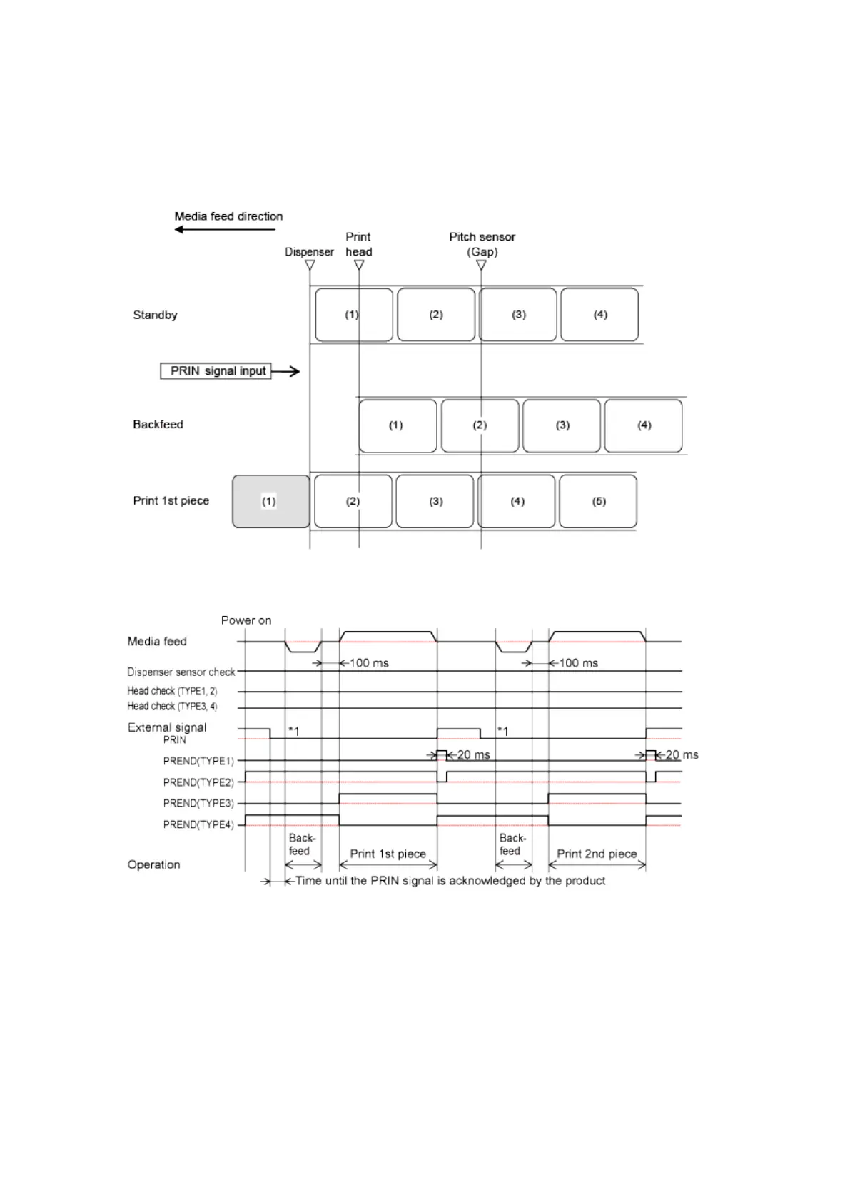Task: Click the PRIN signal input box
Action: pyautogui.click(x=216, y=371)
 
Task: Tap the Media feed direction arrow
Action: pyautogui.click(x=225, y=229)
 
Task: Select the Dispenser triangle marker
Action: pyautogui.click(x=310, y=265)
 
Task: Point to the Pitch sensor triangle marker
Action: pyautogui.click(x=482, y=265)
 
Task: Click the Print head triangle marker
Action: pyautogui.click(x=359, y=265)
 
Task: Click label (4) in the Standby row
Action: pyautogui.click(x=599, y=315)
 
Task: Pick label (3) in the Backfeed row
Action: pyautogui.click(x=562, y=425)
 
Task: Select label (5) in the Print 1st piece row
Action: pyautogui.click(x=598, y=501)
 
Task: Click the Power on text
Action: pyautogui.click(x=246, y=620)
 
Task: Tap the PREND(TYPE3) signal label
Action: pyautogui.click(x=198, y=803)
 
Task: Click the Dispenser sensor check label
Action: pyautogui.click(x=181, y=672)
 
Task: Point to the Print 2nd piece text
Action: pyautogui.click(x=597, y=854)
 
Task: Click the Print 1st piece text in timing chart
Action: pyautogui.click(x=388, y=854)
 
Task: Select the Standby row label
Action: pyautogui.click(x=155, y=315)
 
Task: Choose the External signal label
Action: pyautogui.click(x=167, y=727)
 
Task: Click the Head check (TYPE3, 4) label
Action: pyautogui.click(x=172, y=707)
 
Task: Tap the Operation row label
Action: pyautogui.click(x=153, y=864)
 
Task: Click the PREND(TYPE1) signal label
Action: pyautogui.click(x=198, y=761)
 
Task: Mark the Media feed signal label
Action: pyautogui.click(x=157, y=641)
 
